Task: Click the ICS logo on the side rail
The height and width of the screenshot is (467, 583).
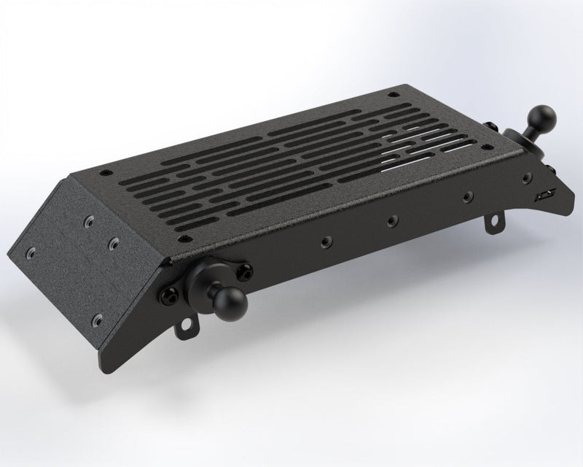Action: pyautogui.click(x=542, y=196)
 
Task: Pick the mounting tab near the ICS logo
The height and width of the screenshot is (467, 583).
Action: pyautogui.click(x=498, y=217)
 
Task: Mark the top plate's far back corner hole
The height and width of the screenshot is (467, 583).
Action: pyautogui.click(x=394, y=95)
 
